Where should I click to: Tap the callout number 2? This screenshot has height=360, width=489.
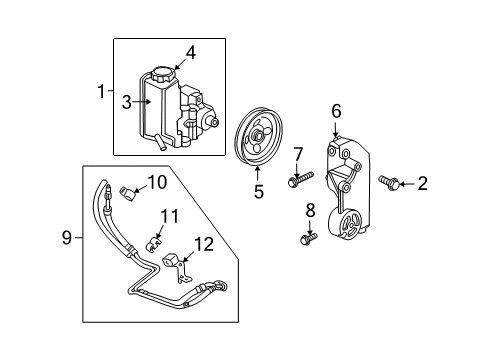point(422,183)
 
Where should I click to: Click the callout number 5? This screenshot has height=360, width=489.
point(258,191)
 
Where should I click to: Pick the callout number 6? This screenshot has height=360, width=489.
point(337,113)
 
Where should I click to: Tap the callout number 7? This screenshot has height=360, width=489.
point(297,152)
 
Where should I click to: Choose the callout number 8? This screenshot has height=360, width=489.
point(308,210)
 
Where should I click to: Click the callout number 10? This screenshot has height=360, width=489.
point(157,181)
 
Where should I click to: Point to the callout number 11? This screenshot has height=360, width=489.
point(170,216)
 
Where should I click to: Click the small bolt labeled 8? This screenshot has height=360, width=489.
point(306,239)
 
